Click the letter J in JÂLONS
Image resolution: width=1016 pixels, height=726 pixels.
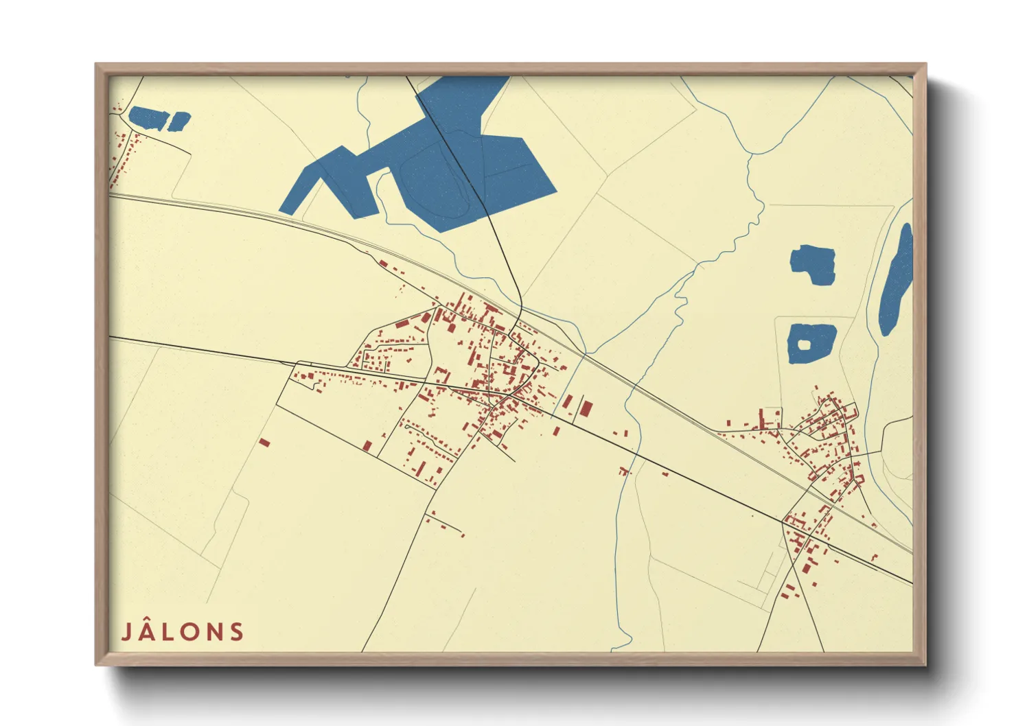pos(127,632)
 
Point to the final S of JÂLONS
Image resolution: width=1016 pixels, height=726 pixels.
pos(237,632)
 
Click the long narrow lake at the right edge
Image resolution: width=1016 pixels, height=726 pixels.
pos(896,281)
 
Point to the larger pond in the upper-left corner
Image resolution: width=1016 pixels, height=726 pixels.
pos(148,118)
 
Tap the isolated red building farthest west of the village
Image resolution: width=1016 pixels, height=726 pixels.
pos(264,443)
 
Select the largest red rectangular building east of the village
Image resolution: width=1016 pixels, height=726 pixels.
pos(585,409)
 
